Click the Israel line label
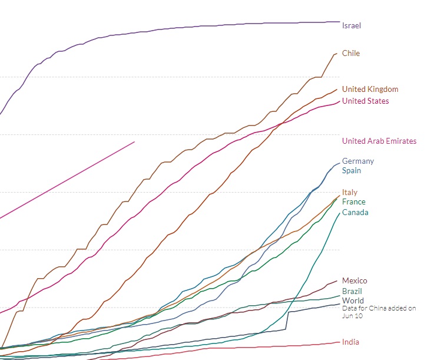[x=352, y=25]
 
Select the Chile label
[x=351, y=53]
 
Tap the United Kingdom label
[x=370, y=89]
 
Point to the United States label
[x=365, y=101]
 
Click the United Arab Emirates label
[x=379, y=141]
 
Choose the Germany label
[x=358, y=161]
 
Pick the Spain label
[x=352, y=170]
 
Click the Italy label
[x=350, y=192]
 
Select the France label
[x=353, y=202]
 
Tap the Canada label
[x=355, y=212]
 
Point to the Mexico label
[x=354, y=280]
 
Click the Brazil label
[x=352, y=291]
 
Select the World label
[x=353, y=300]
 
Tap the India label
[x=350, y=342]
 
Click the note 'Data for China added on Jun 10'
[x=379, y=311]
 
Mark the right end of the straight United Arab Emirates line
[x=135, y=141]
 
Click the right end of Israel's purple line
[x=339, y=22]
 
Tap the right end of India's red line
[x=339, y=342]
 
